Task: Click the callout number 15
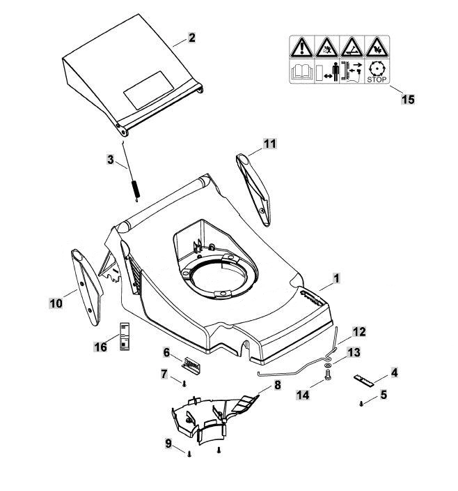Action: click(x=408, y=100)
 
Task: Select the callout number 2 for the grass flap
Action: click(x=191, y=38)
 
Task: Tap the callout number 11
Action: click(x=270, y=144)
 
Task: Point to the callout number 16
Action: click(x=101, y=347)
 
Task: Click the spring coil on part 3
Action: click(x=136, y=190)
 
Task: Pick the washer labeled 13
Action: click(x=326, y=365)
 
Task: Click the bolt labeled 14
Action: click(x=327, y=375)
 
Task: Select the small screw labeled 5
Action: click(x=361, y=404)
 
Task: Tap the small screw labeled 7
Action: click(x=184, y=383)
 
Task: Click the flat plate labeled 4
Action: click(x=363, y=380)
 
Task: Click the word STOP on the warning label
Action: click(x=377, y=80)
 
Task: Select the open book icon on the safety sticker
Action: click(x=302, y=72)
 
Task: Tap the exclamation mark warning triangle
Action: click(x=301, y=47)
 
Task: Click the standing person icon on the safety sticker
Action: click(x=335, y=72)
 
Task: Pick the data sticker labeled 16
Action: click(x=125, y=335)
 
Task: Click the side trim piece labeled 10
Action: click(x=86, y=287)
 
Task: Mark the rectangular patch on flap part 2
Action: click(x=149, y=90)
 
